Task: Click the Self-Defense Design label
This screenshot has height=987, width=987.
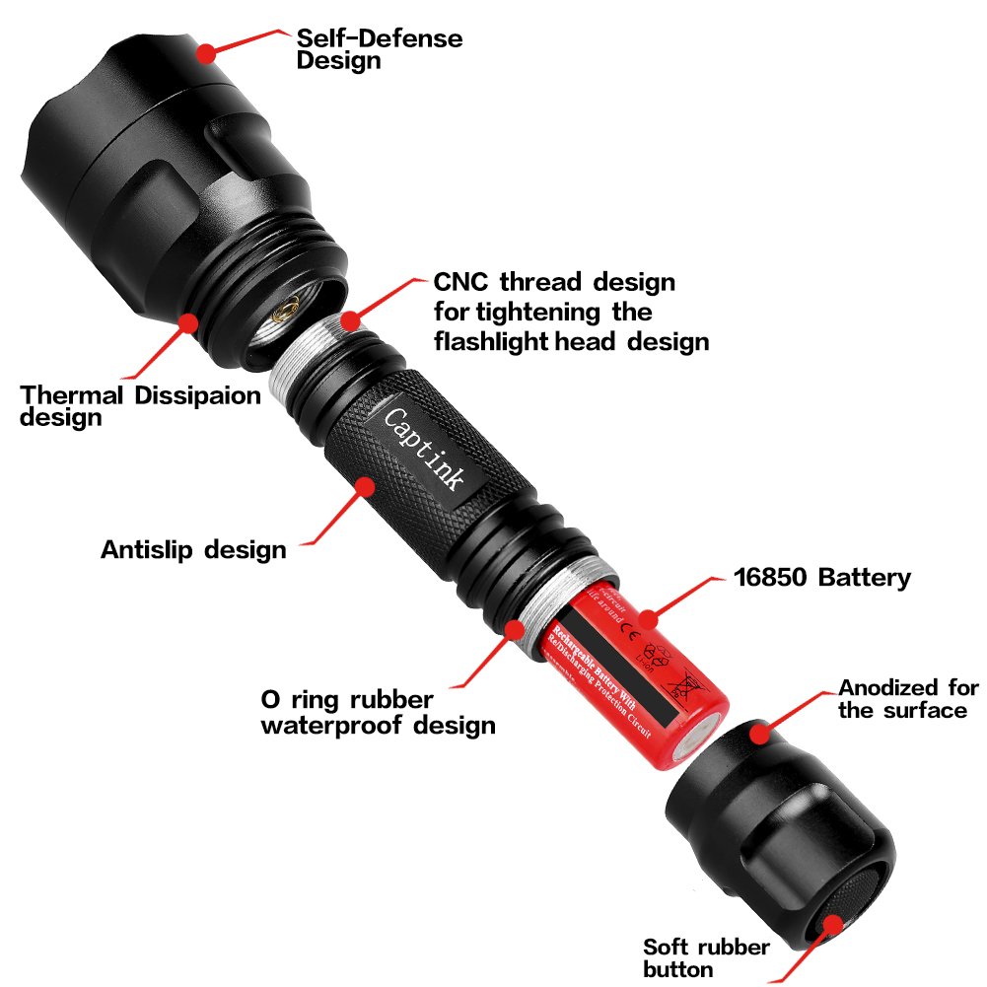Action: click(x=380, y=49)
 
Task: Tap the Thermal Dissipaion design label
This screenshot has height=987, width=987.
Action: click(x=141, y=405)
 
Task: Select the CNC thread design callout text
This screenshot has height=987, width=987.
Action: click(x=571, y=312)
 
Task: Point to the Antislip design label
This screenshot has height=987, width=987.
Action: click(x=193, y=549)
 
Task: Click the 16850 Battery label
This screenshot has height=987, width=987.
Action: click(x=822, y=577)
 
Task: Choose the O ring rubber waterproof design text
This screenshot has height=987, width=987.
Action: click(x=377, y=713)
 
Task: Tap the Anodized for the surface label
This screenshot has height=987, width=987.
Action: click(x=908, y=698)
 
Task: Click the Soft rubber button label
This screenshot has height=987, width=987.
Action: click(x=706, y=957)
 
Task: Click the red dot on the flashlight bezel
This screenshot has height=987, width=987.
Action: click(x=205, y=51)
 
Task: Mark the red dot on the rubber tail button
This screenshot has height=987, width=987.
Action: click(x=834, y=924)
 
